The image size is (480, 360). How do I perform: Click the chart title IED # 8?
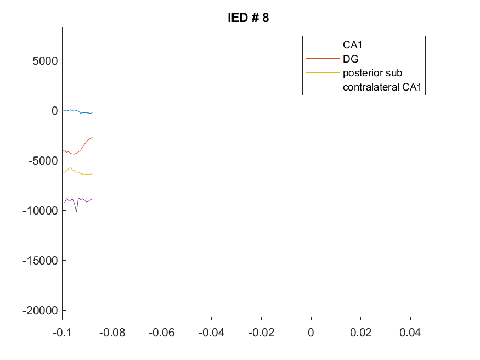pos(249,18)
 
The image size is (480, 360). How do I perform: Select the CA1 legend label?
pos(352,44)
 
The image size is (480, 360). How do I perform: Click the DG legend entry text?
pos(351,59)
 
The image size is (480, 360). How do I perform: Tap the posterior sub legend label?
pos(372,73)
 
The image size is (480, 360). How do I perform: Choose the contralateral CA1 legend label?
pos(382,87)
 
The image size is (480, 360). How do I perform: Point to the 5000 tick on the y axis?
pos(45,60)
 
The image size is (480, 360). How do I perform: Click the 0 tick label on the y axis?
pos(54,110)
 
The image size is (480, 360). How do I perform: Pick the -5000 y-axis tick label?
pos(43,160)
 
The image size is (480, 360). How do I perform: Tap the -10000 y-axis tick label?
pos(40,211)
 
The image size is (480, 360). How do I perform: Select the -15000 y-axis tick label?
pos(40,261)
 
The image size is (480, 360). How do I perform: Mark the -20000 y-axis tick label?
pos(40,311)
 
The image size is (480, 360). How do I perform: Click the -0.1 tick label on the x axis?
pos(62,333)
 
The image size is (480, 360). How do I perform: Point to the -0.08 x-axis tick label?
pos(112,333)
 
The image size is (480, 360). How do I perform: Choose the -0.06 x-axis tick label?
pos(162,333)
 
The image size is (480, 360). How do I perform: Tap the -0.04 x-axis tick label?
pos(212,333)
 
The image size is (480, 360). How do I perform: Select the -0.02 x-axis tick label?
pos(262,333)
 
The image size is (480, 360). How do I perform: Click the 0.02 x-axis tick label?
pos(360,333)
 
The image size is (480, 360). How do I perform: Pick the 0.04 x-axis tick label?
pos(410,333)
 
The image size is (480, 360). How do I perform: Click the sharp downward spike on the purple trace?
pos(76,211)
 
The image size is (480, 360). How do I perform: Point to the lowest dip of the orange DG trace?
pos(74,154)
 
